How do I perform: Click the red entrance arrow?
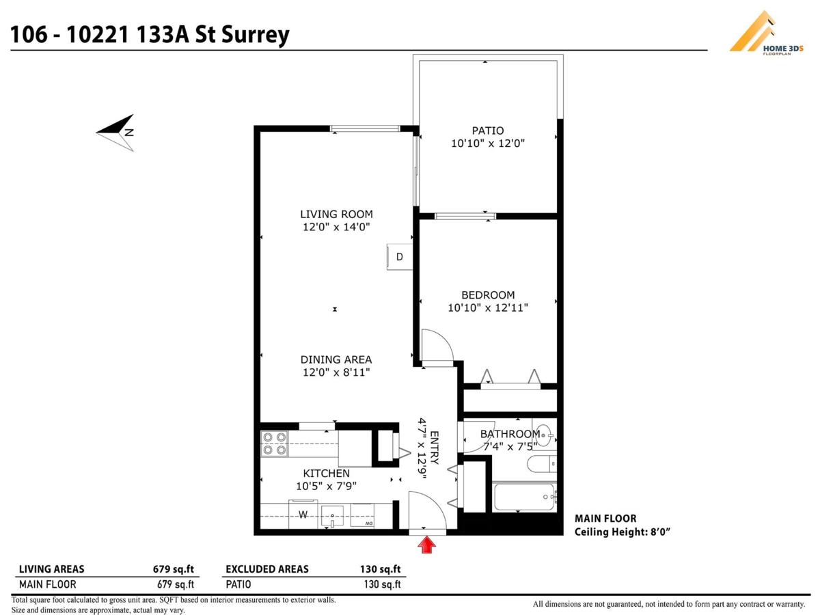tap(427, 545)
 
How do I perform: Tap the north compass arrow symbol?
tap(116, 128)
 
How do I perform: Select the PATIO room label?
tap(487, 131)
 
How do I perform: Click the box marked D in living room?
tap(400, 257)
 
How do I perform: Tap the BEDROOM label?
tap(487, 295)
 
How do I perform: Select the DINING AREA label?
tap(336, 359)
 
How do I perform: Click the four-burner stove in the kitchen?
tap(275, 443)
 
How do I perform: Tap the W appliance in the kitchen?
tap(302, 515)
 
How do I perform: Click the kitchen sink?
tap(333, 515)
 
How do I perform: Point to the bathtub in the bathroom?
tap(523, 497)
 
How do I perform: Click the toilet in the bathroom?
tap(542, 465)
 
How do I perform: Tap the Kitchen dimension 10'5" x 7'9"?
tap(327, 487)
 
